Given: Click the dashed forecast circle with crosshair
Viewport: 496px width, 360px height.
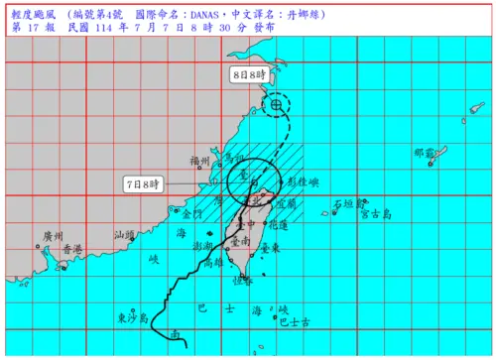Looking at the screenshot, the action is tap(276, 103).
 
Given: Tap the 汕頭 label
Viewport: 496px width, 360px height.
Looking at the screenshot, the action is tap(125, 235).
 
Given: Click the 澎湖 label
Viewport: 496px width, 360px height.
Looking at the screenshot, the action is tap(203, 244).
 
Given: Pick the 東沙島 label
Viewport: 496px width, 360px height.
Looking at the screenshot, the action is tap(132, 317).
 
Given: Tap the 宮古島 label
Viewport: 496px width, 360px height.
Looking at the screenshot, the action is tap(377, 212).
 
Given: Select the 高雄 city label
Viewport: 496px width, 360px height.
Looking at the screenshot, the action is tap(212, 264).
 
